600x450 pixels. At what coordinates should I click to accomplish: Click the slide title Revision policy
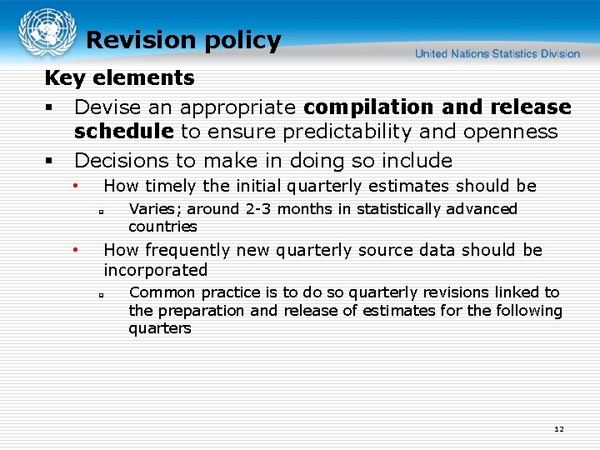pos(183,40)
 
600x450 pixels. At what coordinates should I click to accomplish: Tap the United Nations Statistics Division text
pos(497,54)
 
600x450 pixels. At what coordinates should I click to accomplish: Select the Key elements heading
pos(119,78)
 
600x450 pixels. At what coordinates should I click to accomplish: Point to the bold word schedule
pos(124,132)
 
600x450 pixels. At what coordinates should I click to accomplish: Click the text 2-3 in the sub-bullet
pos(258,209)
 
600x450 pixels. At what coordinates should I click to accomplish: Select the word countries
pos(162,227)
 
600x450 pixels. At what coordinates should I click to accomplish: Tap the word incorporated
pos(155,270)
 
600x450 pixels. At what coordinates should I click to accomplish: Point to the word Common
pos(158,292)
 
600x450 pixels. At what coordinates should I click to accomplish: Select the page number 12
pos(558,429)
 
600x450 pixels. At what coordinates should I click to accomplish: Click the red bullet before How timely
pos(75,185)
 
